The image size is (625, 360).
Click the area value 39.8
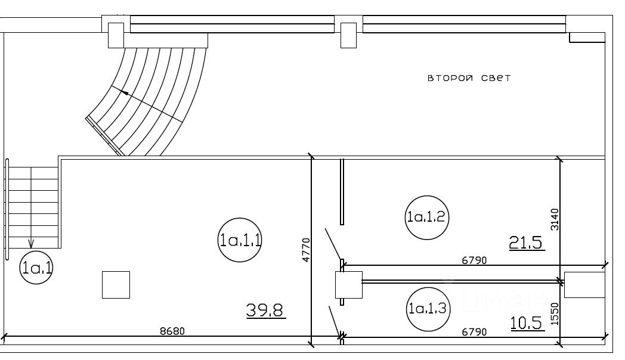[265, 310]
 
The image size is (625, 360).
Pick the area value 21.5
[527, 242]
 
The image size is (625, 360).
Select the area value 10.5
[527, 324]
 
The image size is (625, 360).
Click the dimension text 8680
[172, 331]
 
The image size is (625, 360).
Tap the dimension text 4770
[306, 250]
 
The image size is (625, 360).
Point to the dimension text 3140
[555, 219]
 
